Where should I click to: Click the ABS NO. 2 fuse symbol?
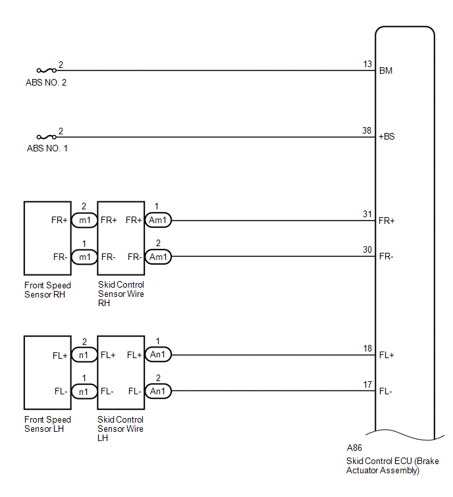[x=47, y=70]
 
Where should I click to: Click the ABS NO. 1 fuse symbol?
[x=47, y=137]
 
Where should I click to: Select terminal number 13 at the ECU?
[x=367, y=64]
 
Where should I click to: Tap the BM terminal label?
[x=386, y=70]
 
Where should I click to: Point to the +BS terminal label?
[x=386, y=137]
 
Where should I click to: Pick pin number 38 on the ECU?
[x=367, y=130]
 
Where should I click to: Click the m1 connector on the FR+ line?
[x=84, y=221]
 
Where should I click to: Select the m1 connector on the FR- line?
[x=84, y=257]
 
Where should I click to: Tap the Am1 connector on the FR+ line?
[x=158, y=221]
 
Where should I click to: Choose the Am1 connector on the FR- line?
[x=158, y=257]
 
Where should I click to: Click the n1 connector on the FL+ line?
[x=84, y=355]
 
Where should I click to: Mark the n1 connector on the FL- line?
[x=84, y=392]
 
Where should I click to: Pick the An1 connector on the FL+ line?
[x=158, y=354]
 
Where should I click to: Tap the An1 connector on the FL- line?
[x=158, y=391]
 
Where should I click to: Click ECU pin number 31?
[x=367, y=214]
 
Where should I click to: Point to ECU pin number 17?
[x=367, y=384]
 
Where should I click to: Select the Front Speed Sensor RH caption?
[x=47, y=290]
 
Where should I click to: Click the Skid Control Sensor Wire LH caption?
[x=120, y=429]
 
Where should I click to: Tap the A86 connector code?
[x=354, y=448]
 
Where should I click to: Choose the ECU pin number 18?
[x=367, y=348]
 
